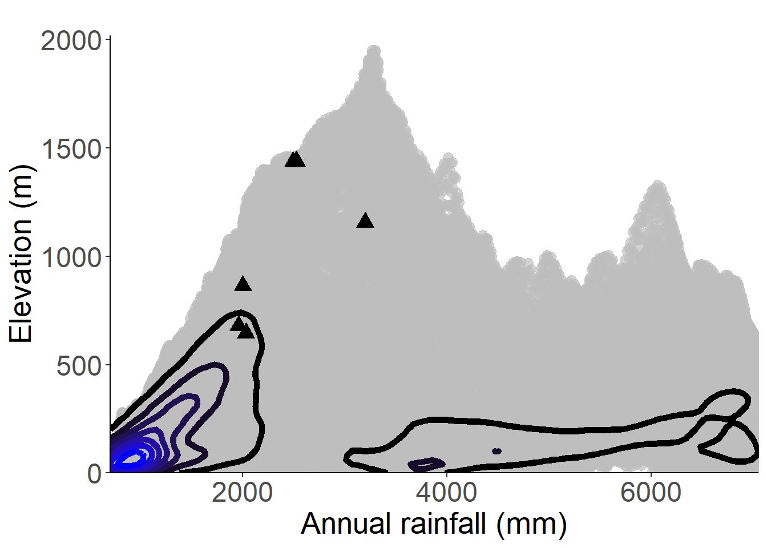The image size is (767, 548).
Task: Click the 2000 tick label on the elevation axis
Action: [x=70, y=41]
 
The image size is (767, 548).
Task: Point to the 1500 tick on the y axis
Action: [x=71, y=149]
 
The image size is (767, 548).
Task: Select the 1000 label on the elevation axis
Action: [x=71, y=257]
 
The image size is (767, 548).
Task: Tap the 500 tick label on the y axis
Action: [x=79, y=366]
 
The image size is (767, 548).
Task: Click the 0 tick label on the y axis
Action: [x=95, y=474]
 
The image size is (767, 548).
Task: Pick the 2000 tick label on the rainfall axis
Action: [x=242, y=493]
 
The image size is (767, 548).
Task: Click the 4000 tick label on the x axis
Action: [x=446, y=493]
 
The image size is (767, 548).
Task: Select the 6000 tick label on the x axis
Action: [x=651, y=493]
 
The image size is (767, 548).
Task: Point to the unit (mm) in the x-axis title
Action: [x=531, y=523]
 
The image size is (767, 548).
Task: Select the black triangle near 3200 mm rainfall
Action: [x=365, y=221]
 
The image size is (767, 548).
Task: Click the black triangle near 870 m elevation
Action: [x=243, y=284]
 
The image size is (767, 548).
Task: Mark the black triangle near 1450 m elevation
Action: [x=295, y=159]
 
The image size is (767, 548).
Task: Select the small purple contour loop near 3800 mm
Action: [x=427, y=465]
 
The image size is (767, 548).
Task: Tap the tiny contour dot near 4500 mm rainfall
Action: [x=496, y=451]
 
